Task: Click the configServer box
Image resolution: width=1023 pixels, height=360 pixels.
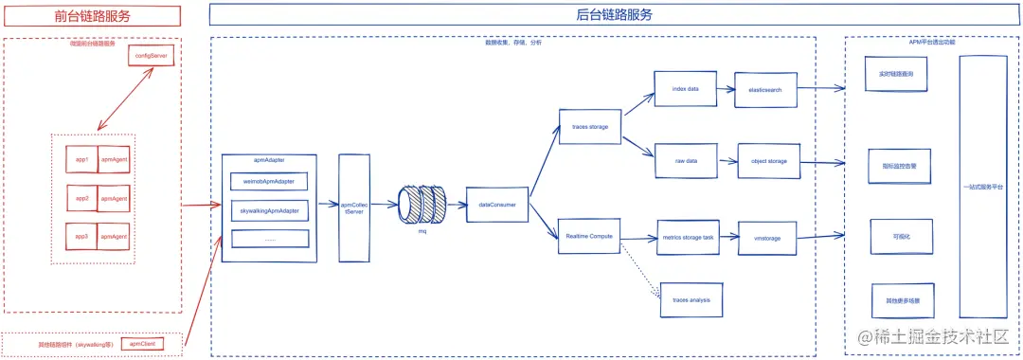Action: (151, 56)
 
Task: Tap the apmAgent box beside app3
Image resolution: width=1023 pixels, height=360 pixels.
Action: (115, 235)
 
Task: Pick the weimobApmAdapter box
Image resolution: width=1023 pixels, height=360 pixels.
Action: (270, 181)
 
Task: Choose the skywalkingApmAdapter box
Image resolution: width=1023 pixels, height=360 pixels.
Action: (270, 209)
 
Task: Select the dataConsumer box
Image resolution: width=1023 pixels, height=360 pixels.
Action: (496, 204)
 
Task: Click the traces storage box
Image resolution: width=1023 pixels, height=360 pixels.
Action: (590, 125)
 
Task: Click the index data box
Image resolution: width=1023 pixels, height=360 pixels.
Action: (685, 89)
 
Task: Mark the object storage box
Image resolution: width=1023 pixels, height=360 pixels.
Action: (769, 161)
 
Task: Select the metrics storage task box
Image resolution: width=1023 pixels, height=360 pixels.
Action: (690, 238)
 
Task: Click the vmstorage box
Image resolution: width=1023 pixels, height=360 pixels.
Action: (767, 238)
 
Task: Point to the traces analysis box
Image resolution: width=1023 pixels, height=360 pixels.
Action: (691, 298)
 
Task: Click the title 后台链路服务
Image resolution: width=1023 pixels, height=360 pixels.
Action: (614, 14)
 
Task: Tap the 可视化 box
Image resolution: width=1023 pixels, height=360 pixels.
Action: (895, 236)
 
